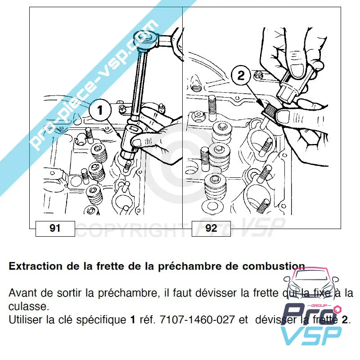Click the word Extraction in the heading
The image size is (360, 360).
[36, 266]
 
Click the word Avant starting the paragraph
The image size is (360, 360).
[21, 293]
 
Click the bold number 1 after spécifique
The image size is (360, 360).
[133, 320]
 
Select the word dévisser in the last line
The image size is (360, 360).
[274, 320]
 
